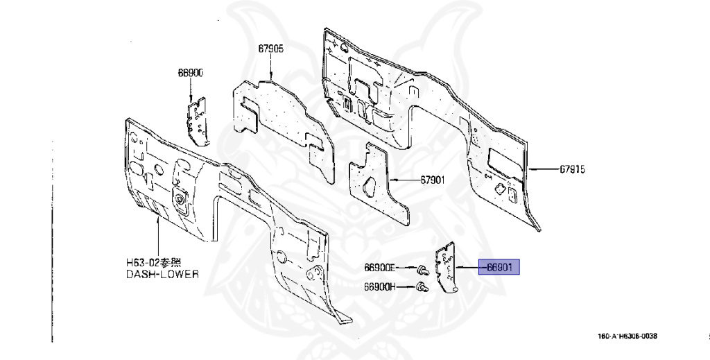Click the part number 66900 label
(190, 73)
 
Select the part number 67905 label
(271, 49)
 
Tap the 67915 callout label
(572, 169)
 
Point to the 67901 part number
(432, 179)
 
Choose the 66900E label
(380, 268)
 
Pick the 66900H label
(380, 286)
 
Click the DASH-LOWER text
(162, 274)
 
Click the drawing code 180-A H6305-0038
(627, 336)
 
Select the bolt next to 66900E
(422, 269)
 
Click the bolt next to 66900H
(420, 288)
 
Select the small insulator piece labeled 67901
(377, 183)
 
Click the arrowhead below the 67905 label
(271, 74)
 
